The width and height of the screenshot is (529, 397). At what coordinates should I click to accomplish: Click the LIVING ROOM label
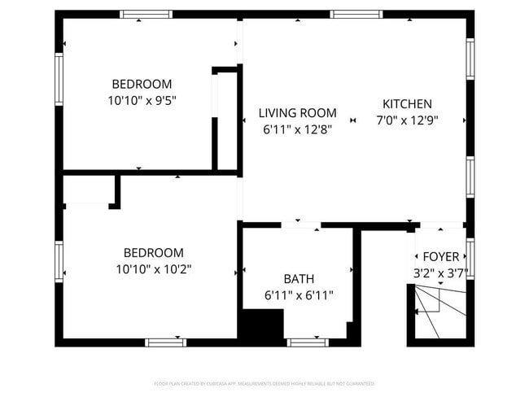[x=297, y=113]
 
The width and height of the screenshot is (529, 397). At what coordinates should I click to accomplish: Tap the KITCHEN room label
[x=407, y=104]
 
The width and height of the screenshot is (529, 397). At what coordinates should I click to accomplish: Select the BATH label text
[x=299, y=278]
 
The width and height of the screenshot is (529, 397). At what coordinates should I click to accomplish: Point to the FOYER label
[x=440, y=257]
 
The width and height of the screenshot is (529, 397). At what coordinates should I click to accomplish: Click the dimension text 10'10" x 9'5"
[x=142, y=100]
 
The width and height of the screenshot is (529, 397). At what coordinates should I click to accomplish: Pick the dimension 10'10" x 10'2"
[x=153, y=268]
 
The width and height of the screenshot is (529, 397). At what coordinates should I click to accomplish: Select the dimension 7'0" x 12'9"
[x=407, y=120]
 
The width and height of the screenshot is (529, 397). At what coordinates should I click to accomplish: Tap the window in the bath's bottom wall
[x=308, y=342]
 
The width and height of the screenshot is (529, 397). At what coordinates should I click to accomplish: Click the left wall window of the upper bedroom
[x=59, y=79]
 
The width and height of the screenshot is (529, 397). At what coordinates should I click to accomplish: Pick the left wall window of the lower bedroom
[x=59, y=260]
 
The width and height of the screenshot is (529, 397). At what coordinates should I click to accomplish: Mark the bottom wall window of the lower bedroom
[x=166, y=342]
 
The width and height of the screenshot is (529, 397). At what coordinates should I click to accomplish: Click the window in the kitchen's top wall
[x=356, y=14]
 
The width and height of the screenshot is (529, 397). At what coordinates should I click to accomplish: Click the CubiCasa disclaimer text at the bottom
[x=264, y=382]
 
